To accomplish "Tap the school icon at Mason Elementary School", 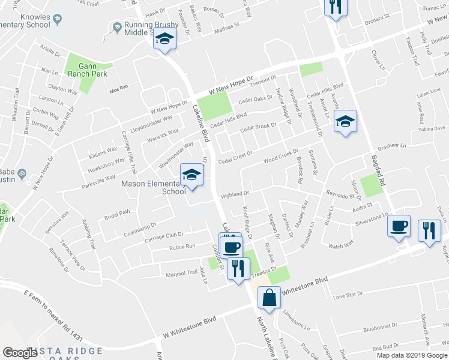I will pos(191,175).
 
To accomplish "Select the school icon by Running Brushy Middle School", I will pos(164,40).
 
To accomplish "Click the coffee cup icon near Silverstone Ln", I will pos(399,226).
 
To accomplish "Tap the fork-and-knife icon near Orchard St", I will pos(335,7).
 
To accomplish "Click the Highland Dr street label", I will pos(234,194).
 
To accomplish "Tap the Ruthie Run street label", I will pos(182,246).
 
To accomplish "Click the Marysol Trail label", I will pos(181,272).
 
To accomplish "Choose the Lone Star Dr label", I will pos(348,295).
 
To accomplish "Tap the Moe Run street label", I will pos(119,88).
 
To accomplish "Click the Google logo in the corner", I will pos(20,353).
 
